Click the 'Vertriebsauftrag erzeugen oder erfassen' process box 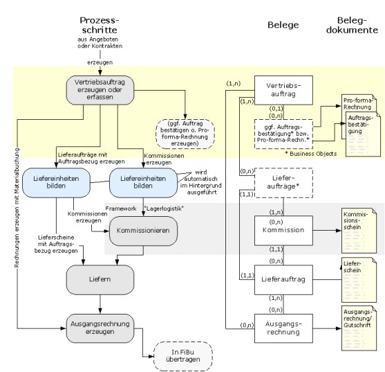100,90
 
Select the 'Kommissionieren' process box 143,231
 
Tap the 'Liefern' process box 100,279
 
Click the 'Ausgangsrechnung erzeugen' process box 100,328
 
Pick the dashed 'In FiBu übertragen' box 183,356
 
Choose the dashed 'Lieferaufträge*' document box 283,183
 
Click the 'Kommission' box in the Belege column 283,231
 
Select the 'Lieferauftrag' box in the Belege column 283,279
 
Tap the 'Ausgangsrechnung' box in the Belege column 283,328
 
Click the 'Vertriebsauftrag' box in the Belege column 283,90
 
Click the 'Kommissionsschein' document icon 359,231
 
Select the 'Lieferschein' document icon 359,280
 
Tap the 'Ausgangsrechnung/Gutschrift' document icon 359,328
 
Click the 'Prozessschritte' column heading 100,25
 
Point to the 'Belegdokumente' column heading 352,25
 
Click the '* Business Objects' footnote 310,154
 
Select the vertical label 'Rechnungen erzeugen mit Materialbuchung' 17,208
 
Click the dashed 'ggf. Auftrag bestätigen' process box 185,134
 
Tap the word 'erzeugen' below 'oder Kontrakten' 100,62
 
